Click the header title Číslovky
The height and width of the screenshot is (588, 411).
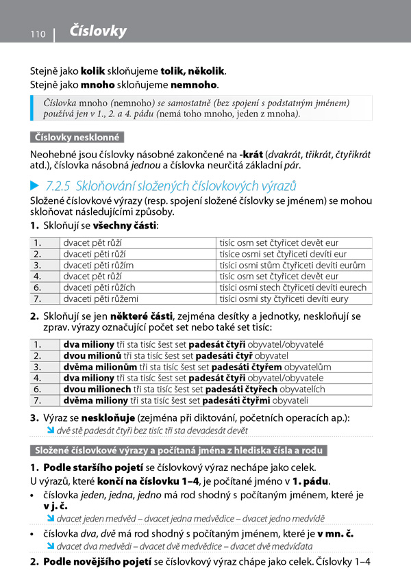(98, 31)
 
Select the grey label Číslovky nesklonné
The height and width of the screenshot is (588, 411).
(77, 137)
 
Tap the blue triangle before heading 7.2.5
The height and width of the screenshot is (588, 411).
(35, 186)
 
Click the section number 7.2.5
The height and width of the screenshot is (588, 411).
(58, 186)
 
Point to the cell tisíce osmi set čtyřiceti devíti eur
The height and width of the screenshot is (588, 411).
(282, 254)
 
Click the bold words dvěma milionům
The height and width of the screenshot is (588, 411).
(92, 366)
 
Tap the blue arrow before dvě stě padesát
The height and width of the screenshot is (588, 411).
(51, 431)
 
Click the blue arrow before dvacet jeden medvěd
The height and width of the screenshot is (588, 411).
(51, 518)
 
